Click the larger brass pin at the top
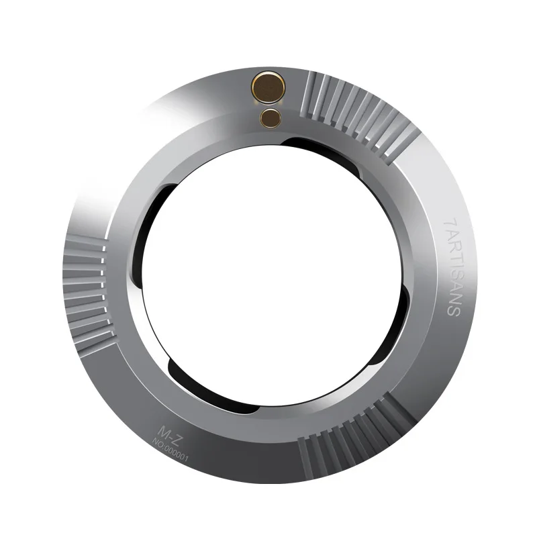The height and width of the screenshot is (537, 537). [266, 87]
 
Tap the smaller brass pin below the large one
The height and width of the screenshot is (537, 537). [271, 117]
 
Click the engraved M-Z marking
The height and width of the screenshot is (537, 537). [166, 433]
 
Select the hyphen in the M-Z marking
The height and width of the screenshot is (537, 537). [167, 434]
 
